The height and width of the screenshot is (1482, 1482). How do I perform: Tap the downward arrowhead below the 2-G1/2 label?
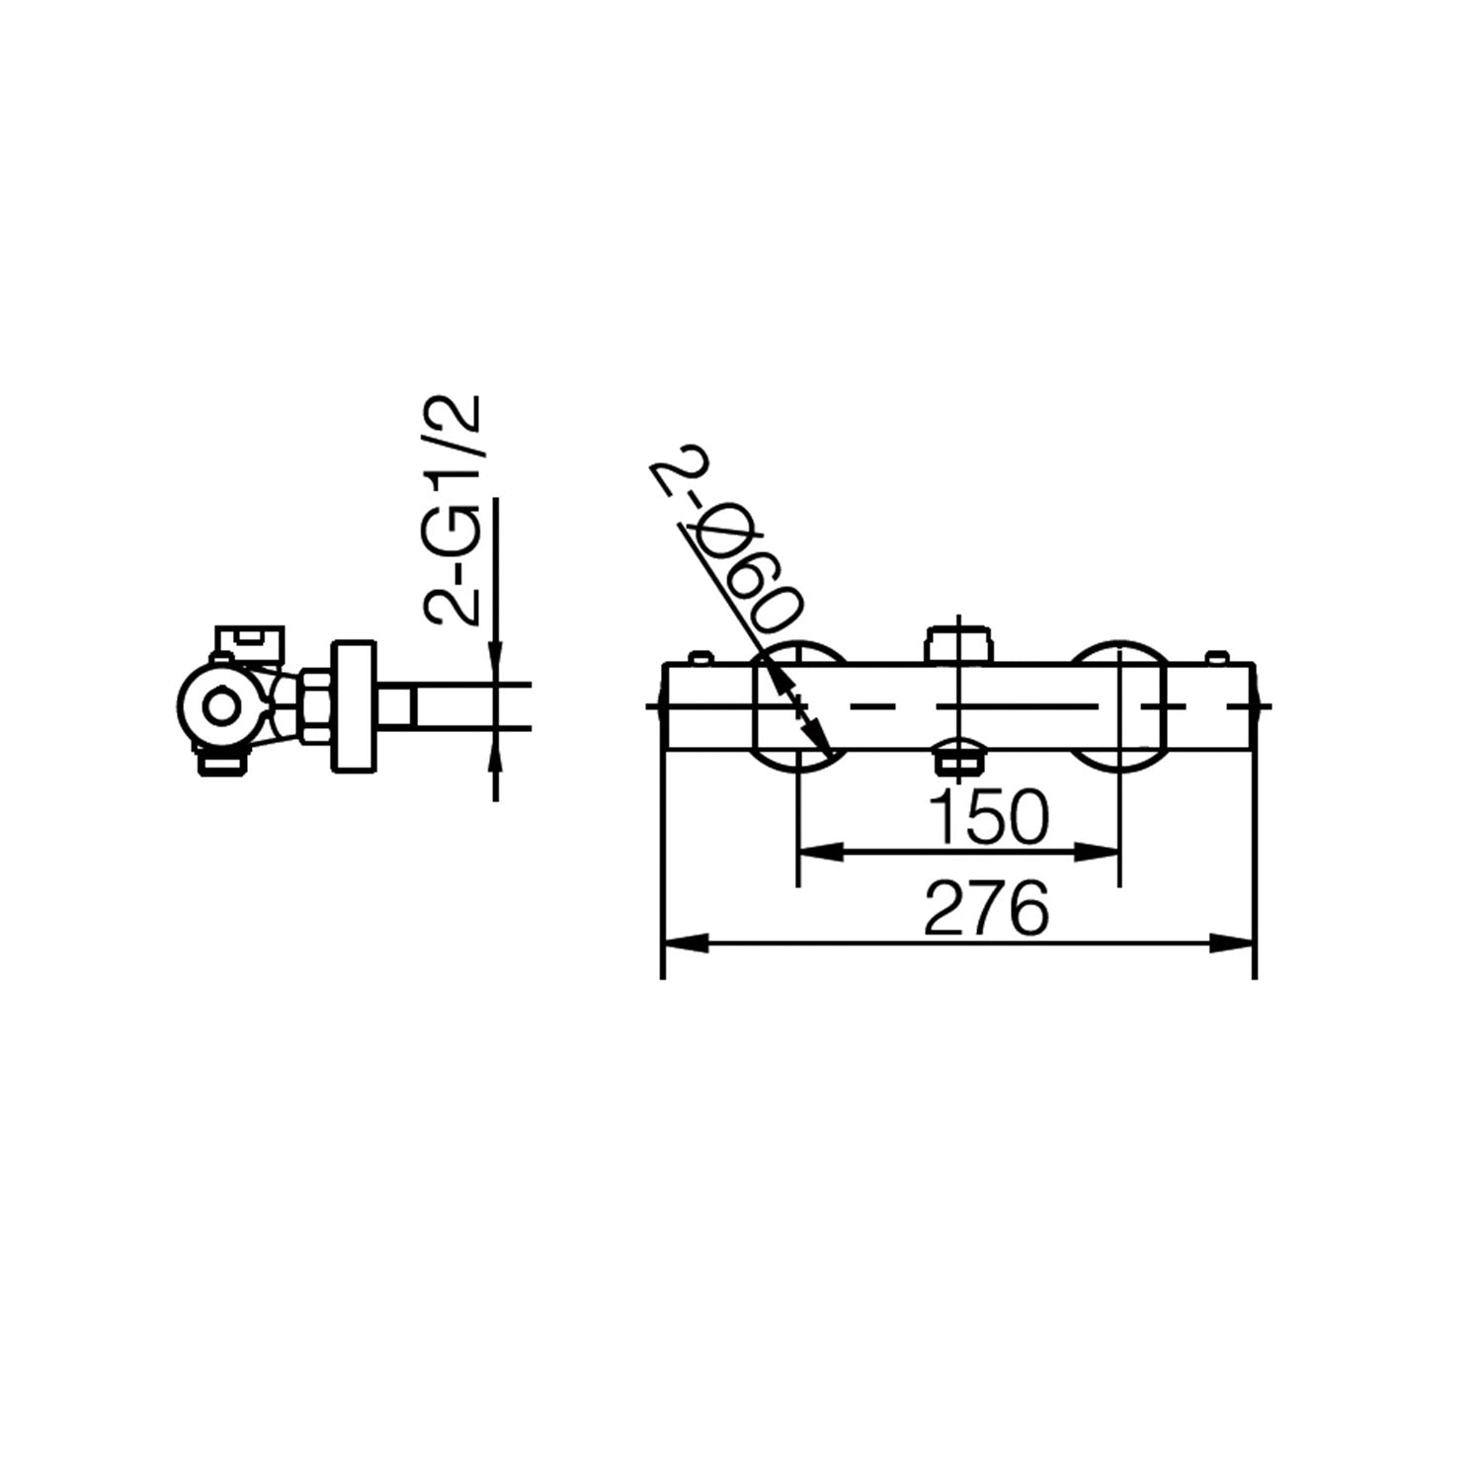point(495,662)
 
